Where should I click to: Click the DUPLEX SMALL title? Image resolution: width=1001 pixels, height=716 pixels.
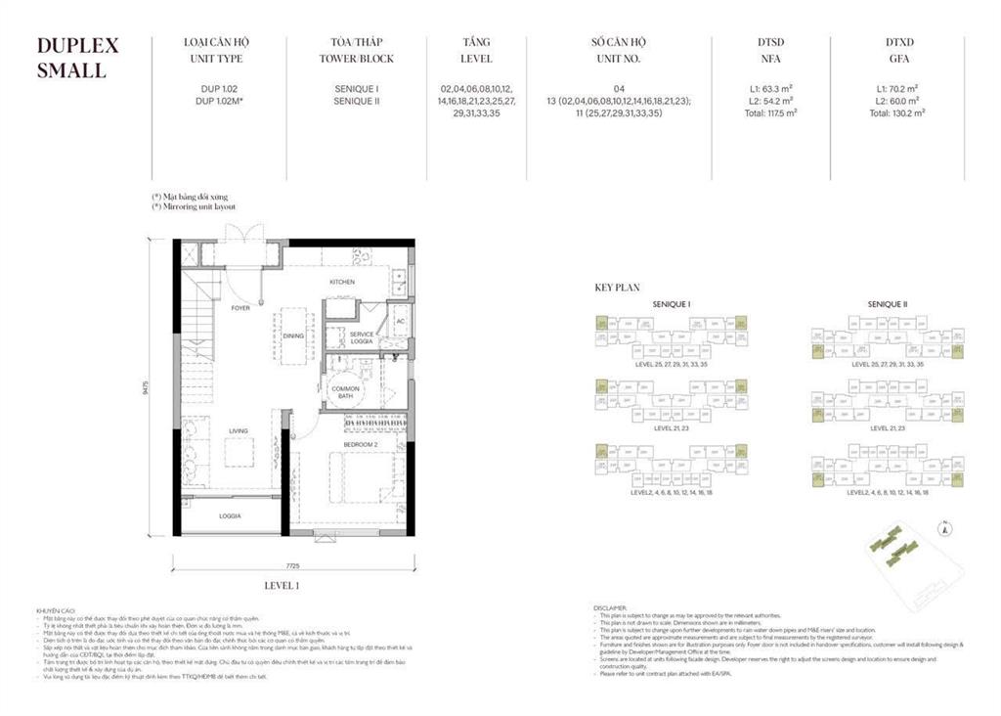pos(77,58)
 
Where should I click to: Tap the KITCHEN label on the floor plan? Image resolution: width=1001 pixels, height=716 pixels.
pos(341,282)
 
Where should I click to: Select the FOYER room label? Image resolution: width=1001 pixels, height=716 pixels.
pos(240,308)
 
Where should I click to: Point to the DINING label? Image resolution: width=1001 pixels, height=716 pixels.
pos(293,336)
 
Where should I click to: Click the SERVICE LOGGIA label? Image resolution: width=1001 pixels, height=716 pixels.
pos(362,337)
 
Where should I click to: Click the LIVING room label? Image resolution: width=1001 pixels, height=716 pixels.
pos(239,430)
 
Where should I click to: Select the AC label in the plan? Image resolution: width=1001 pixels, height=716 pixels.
pos(401,321)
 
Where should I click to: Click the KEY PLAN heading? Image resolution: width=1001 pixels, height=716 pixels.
pos(617,289)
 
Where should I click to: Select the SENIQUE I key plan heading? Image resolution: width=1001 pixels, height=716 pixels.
pos(672,304)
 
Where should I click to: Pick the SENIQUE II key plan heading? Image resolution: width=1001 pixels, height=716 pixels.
pos(887,304)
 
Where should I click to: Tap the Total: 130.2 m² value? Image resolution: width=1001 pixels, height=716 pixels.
pos(897,112)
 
